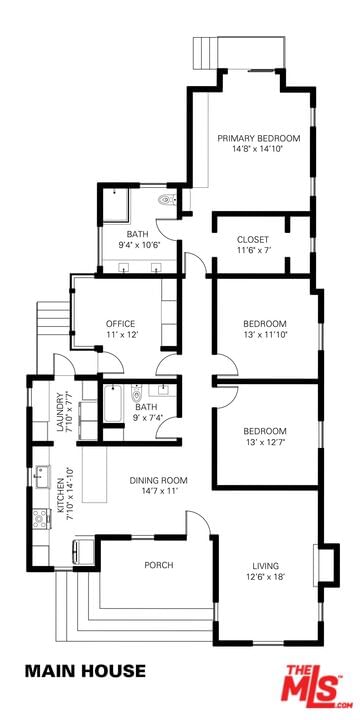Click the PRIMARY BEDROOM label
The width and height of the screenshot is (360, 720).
[259, 138]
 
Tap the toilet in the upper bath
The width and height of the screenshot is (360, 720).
[166, 200]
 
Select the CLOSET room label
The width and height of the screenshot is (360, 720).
[253, 240]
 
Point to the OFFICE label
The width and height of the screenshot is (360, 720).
[121, 324]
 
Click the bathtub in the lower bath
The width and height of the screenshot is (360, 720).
[112, 404]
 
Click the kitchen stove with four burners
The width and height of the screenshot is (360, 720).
[40, 518]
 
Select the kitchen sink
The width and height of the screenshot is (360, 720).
[42, 477]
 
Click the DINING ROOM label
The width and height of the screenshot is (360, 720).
[158, 481]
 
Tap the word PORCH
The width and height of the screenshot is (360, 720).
[159, 565]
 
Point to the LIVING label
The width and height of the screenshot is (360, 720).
[265, 566]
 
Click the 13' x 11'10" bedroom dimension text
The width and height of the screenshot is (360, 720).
[265, 335]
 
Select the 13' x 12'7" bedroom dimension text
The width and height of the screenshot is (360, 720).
[265, 443]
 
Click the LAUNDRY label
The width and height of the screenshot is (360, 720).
[59, 412]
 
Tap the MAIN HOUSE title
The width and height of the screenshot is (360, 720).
[85, 671]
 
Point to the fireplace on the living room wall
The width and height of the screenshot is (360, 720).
[326, 565]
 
